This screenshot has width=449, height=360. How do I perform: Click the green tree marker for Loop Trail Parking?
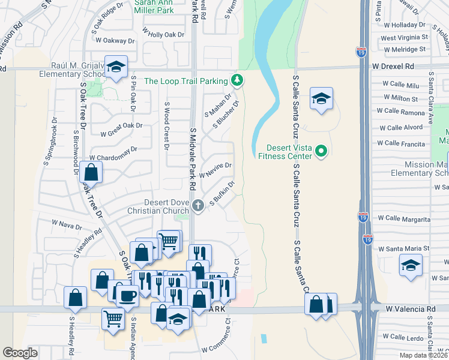click(238, 80)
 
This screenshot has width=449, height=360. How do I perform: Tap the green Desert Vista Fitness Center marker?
click(321, 151)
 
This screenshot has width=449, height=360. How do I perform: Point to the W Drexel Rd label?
click(393, 66)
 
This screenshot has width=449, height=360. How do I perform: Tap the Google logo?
click(21, 353)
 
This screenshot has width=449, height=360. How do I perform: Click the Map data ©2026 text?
click(423, 355)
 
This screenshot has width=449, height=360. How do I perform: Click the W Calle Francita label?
click(401, 143)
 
